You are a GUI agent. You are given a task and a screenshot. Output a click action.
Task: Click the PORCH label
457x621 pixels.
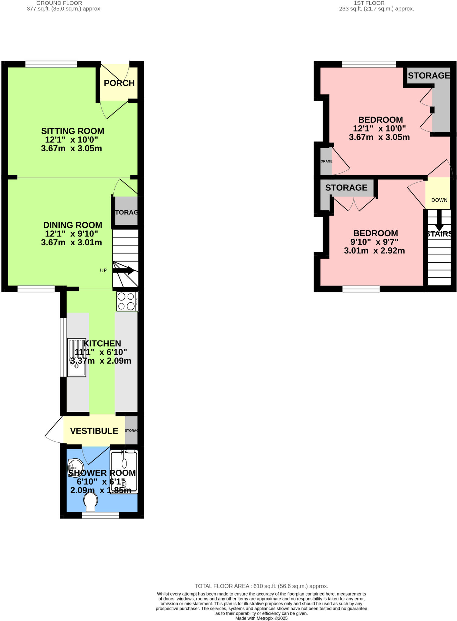[x=119, y=83]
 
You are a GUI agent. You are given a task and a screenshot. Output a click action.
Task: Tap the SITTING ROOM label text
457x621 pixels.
[x=72, y=131]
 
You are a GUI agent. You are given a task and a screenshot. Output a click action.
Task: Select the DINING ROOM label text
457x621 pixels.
[x=72, y=225]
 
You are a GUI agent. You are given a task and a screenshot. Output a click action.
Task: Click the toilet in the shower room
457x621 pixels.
[x=91, y=501]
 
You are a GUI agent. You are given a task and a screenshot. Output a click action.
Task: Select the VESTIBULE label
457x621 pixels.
[x=94, y=431]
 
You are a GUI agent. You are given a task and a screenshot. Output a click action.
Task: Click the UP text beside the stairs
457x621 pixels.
[x=103, y=270]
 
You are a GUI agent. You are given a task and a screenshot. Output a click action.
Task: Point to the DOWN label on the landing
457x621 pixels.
[x=439, y=200]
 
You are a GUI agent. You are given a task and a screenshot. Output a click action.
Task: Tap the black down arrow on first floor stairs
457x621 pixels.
[x=439, y=221]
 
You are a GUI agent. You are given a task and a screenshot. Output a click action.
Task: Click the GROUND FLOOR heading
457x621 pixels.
[x=59, y=3]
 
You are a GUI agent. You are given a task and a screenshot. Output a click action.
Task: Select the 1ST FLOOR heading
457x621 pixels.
[x=369, y=3]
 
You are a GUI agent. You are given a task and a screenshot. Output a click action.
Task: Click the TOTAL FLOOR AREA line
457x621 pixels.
[x=261, y=586]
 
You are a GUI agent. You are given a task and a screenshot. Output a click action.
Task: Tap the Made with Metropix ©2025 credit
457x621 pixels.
[x=261, y=618]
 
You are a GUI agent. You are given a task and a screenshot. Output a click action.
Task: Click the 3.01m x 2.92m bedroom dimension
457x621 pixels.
[x=374, y=251]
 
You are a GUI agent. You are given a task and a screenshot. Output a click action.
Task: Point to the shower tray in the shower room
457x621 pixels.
[x=124, y=472]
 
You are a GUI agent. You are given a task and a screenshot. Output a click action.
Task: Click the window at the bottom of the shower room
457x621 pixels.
[x=100, y=515]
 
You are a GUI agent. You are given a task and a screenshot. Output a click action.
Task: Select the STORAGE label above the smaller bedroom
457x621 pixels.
[x=346, y=188]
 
